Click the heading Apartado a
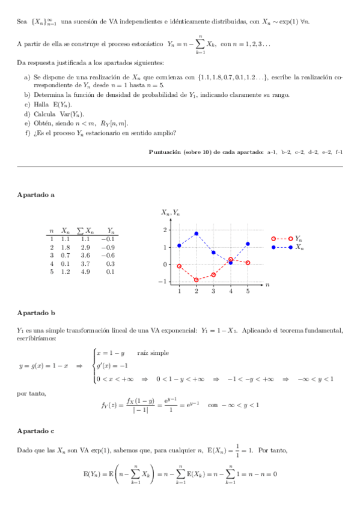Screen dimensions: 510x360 36,195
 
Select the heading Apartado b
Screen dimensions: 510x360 36,313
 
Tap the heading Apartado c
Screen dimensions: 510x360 36,431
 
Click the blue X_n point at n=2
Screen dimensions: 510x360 197,233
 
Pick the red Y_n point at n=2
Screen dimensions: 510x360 197,280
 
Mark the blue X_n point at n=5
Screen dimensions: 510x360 248,244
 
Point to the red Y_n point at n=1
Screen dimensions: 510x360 179,266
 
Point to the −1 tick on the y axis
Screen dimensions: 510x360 163,281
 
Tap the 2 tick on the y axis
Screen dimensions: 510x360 165,230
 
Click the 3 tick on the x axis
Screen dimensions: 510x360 213,291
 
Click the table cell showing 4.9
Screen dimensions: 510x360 85,271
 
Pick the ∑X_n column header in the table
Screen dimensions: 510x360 86,230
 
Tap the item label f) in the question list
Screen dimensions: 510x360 27,133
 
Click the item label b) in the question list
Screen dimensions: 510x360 27,95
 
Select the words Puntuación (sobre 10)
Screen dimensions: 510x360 180,152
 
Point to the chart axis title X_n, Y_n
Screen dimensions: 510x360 170,212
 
